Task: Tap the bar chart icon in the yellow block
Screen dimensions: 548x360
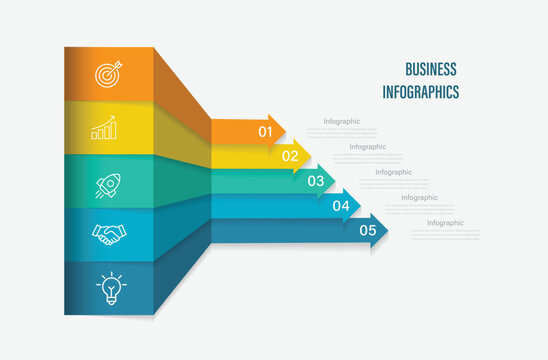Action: click(105, 129)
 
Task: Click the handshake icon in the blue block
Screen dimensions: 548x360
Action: click(109, 235)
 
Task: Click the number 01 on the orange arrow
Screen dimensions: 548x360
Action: click(266, 130)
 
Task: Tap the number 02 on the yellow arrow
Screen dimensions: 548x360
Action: click(290, 156)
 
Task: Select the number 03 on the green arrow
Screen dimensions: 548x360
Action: click(315, 181)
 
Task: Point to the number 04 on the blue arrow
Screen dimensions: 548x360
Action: click(341, 206)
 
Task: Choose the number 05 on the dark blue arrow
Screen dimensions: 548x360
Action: click(368, 231)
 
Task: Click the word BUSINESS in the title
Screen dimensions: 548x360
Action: click(431, 69)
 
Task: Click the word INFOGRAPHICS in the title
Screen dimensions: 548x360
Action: click(421, 92)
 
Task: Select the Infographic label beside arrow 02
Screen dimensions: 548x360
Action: click(367, 147)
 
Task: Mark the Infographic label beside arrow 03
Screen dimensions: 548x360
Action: click(393, 172)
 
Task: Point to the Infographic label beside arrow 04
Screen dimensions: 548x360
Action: click(419, 198)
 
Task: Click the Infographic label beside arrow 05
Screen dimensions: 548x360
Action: click(445, 223)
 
